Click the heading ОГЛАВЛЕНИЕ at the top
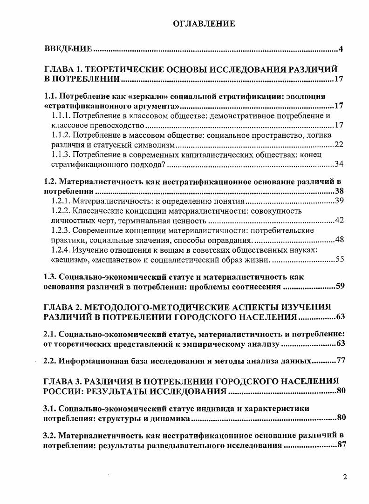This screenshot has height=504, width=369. (204, 23)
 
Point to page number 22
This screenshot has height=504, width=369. (339, 144)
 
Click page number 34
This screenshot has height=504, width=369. (339, 164)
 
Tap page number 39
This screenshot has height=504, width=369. (339, 201)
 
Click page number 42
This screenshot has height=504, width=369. (339, 220)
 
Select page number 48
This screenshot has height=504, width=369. (339, 240)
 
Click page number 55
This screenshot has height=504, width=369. (339, 259)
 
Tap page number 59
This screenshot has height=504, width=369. (340, 286)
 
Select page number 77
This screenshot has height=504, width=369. (340, 361)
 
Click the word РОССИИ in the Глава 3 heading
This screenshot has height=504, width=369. (61, 390)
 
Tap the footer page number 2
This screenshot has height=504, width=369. (345, 477)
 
